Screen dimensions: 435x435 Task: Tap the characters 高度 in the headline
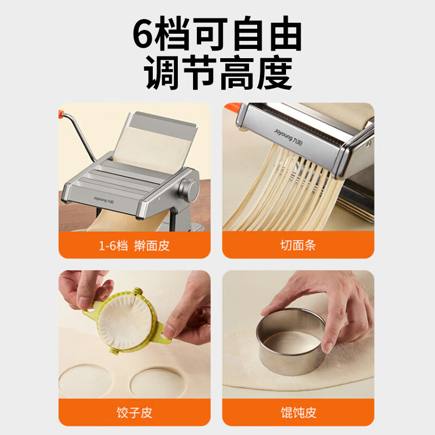(x=256, y=73)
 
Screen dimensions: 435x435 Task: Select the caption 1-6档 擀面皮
(x=134, y=245)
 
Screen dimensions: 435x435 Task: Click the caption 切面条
(x=298, y=245)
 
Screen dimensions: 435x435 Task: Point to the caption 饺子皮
(x=134, y=412)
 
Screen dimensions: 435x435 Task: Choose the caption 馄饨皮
(x=298, y=412)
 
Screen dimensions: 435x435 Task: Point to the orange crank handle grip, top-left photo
(x=64, y=115)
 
